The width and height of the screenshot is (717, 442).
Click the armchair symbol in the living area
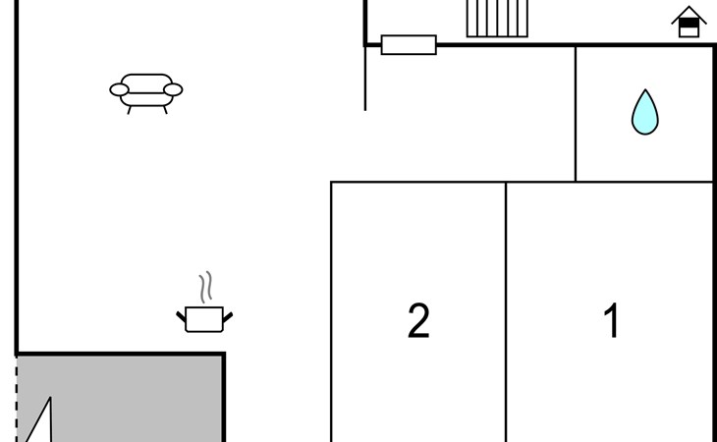[x=146, y=90]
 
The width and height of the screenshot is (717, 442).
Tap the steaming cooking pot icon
[x=204, y=318]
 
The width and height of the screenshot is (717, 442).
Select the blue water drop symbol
[x=644, y=113]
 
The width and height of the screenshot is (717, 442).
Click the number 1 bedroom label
[x=612, y=321]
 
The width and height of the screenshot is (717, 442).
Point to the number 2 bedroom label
[x=418, y=321]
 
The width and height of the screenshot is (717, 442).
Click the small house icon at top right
[x=689, y=22]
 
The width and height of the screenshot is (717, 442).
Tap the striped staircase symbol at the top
[x=497, y=18]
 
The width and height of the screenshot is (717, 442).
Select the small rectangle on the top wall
[x=409, y=44]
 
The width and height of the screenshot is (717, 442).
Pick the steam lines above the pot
[x=205, y=288]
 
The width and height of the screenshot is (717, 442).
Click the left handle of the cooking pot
[x=181, y=316]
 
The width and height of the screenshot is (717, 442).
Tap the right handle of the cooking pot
[x=228, y=316]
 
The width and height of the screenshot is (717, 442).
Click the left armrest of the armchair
[x=119, y=90]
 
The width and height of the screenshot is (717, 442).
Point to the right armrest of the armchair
[x=174, y=90]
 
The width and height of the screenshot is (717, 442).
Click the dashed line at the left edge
[x=17, y=398]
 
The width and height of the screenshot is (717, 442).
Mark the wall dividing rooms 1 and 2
[x=506, y=314]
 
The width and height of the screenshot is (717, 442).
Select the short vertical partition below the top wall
[x=365, y=79]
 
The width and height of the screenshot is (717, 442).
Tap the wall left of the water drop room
[x=576, y=113]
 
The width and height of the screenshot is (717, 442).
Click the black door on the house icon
[x=689, y=29]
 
